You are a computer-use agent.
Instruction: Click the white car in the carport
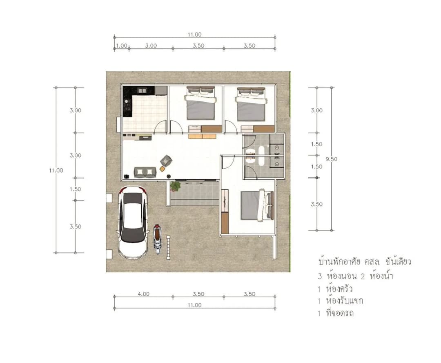tap(133, 222)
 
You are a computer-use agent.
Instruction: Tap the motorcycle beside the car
tap(158, 239)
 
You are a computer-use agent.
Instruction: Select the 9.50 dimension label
tap(331, 159)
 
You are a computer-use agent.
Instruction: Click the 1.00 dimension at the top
tap(122, 46)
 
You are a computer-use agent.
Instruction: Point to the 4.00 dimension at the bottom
tap(143, 294)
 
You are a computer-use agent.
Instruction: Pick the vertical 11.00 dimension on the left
tap(56, 170)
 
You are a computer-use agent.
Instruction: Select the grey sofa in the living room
tap(145, 172)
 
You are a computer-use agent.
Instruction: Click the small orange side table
tap(162, 169)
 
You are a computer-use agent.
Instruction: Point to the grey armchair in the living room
tap(166, 161)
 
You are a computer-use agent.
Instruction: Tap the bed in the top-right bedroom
tap(251, 104)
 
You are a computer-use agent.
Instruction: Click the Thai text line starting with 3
tap(356, 276)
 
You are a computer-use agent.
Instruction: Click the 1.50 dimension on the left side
tap(76, 189)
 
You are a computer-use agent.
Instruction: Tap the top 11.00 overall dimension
tap(195, 35)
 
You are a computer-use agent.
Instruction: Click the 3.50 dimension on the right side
tap(317, 204)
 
